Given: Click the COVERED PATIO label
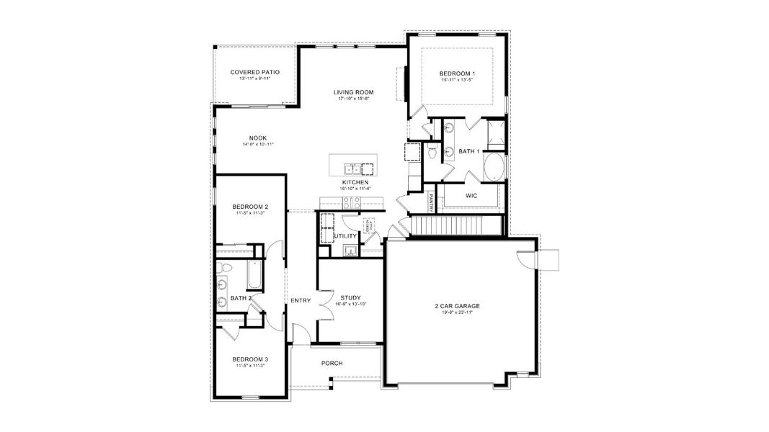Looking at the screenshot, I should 254,72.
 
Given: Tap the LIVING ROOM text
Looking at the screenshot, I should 353,91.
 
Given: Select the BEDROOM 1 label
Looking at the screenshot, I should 457,73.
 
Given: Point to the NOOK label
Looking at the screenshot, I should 257,138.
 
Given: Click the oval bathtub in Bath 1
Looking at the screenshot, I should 494,168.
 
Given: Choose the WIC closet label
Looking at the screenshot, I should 471,195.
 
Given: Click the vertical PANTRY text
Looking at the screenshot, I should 431,202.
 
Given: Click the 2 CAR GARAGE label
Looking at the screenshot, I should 457,305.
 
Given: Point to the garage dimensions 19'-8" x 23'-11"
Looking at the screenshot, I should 457,312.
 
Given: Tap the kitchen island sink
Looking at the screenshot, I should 352,169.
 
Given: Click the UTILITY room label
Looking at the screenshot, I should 345,235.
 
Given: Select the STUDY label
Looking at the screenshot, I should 350,297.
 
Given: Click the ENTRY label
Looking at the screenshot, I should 301,300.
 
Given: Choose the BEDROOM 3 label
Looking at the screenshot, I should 250,359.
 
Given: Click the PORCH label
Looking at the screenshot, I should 332,363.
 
